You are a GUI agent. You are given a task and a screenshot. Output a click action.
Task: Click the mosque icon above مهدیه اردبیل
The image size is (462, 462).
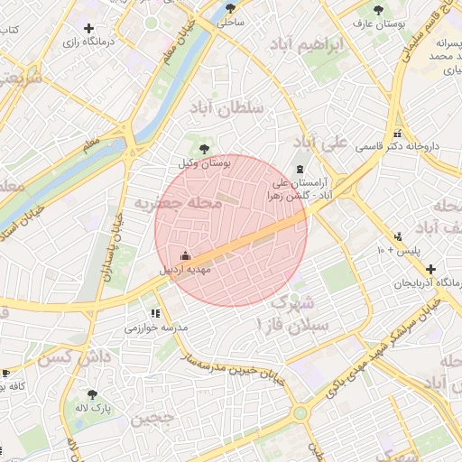pos(186,255)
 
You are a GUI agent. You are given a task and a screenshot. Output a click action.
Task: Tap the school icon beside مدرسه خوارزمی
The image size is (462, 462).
pos(155,313)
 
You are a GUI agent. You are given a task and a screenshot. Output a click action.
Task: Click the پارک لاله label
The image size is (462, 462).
pos(95,408)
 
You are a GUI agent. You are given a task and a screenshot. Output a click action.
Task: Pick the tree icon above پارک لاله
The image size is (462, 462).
pos(92,394)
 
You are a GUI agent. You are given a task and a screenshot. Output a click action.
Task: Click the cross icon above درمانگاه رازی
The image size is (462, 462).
pos(88,29)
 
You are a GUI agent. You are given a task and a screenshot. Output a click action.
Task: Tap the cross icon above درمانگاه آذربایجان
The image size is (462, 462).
pos(431,269)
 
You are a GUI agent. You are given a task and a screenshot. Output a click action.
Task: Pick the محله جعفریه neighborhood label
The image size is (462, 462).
pos(178,205)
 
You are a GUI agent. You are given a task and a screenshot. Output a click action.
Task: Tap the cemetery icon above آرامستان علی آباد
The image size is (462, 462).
pos(300,170)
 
